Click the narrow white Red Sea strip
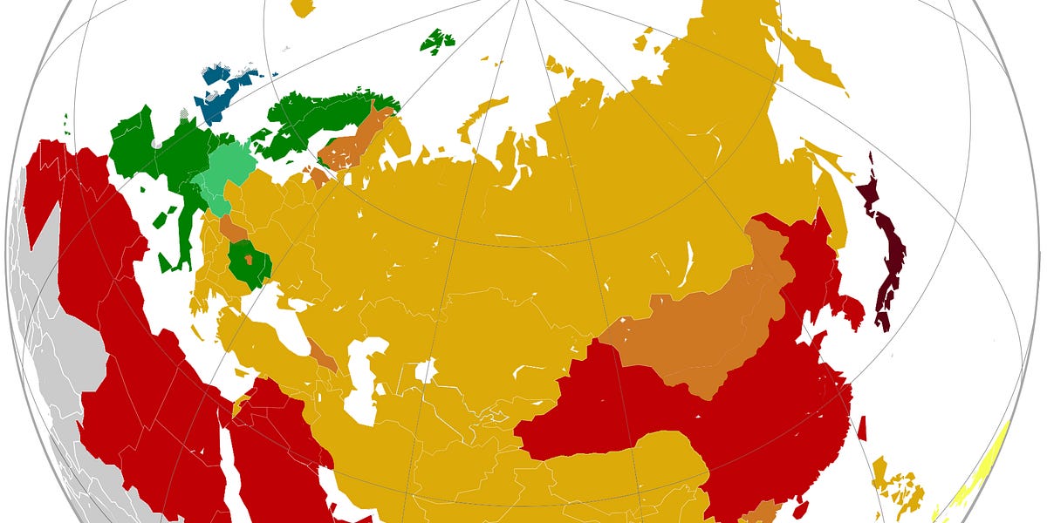pos(229,462)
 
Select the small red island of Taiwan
pos(862,427)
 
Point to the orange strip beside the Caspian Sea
pos(322,354)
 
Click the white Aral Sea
pos(425,371)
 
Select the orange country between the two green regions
pos(231,228)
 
